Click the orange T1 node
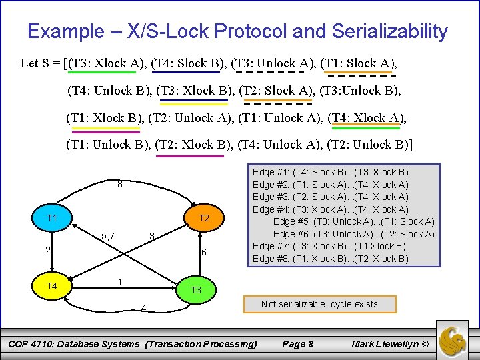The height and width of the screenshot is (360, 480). pyautogui.click(x=51, y=219)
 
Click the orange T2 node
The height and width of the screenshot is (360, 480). pyautogui.click(x=204, y=219)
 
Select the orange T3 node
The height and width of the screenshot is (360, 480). pyautogui.click(x=196, y=290)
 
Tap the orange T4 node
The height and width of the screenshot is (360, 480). pyautogui.click(x=51, y=286)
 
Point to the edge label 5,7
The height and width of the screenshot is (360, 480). pyautogui.click(x=108, y=235)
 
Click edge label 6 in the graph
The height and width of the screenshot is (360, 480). pyautogui.click(x=204, y=252)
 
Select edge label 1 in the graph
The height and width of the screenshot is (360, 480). pyautogui.click(x=120, y=281)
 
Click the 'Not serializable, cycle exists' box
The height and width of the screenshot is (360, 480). pyautogui.click(x=319, y=304)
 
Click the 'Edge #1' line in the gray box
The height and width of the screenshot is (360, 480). pyautogui.click(x=331, y=172)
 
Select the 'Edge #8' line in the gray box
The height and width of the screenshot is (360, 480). pyautogui.click(x=331, y=259)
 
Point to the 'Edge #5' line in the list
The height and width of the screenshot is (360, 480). pyautogui.click(x=353, y=221)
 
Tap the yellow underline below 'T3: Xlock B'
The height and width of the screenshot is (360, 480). pyautogui.click(x=194, y=104)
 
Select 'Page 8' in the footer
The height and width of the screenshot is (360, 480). pyautogui.click(x=298, y=344)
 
